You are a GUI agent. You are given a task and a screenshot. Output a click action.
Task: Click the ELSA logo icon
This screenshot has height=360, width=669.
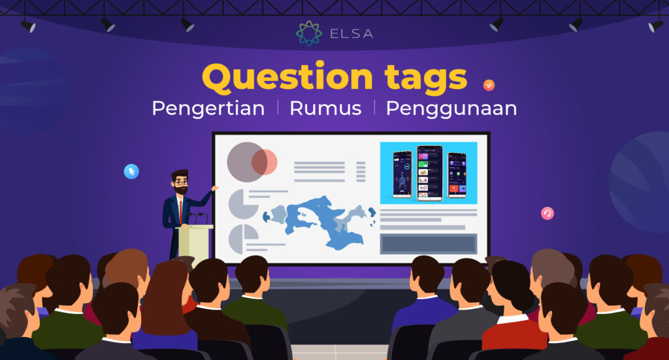(309, 33)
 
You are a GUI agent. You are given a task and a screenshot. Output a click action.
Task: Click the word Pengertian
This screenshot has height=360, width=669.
(208, 108)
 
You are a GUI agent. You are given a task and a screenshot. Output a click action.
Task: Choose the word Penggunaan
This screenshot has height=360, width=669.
(451, 108)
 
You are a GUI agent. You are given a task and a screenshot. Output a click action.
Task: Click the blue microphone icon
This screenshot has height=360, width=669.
(131, 171)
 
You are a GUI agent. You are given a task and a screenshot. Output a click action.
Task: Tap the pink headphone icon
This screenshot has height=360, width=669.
(547, 213)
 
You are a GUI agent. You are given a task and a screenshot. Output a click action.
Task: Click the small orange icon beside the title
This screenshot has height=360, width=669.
(489, 85)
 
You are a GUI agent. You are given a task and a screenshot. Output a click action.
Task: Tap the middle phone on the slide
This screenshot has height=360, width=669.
(429, 172)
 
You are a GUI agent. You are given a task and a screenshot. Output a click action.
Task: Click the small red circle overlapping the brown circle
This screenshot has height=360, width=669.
(265, 162)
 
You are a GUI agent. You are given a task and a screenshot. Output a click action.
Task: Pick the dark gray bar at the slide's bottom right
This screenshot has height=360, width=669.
(429, 244)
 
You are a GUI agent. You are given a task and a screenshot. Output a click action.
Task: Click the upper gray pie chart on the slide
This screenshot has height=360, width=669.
(242, 203)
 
